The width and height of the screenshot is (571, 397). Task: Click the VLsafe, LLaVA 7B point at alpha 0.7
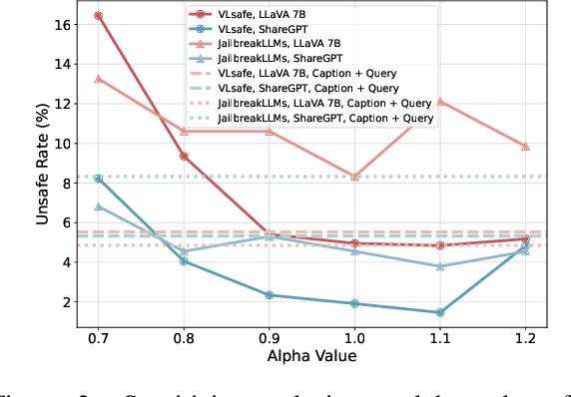tap(98, 16)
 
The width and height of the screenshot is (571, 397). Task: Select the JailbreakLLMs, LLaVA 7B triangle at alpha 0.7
tap(98, 79)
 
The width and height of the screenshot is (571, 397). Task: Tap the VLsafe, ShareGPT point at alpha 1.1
tap(440, 312)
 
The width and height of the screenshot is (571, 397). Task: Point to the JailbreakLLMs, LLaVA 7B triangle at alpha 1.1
tap(440, 101)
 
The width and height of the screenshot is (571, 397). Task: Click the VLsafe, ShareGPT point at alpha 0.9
tap(269, 295)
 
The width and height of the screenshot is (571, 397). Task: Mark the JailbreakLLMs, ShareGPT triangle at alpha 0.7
tap(98, 206)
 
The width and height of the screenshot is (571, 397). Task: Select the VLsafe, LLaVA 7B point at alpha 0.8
tap(184, 157)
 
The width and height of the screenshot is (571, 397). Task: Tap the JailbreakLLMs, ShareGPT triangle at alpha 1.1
tap(440, 266)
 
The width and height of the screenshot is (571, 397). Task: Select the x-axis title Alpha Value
tap(311, 356)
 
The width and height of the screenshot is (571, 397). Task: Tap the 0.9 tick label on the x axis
tap(269, 338)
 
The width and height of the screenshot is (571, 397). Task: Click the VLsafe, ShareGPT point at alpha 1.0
tap(354, 303)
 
